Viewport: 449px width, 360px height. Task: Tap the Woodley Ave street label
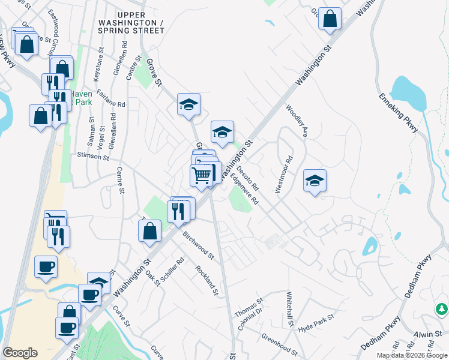[x=297, y=122]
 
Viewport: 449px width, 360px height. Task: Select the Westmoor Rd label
[x=283, y=175]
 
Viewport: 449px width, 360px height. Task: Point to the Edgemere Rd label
[x=246, y=186]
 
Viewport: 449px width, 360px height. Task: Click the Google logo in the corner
[x=20, y=352]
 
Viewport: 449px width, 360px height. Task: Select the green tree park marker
[x=442, y=309]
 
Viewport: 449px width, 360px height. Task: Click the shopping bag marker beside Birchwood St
[x=149, y=230]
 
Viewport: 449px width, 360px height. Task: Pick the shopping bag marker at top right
[x=330, y=18]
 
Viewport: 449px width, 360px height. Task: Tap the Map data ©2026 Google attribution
[x=411, y=355]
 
